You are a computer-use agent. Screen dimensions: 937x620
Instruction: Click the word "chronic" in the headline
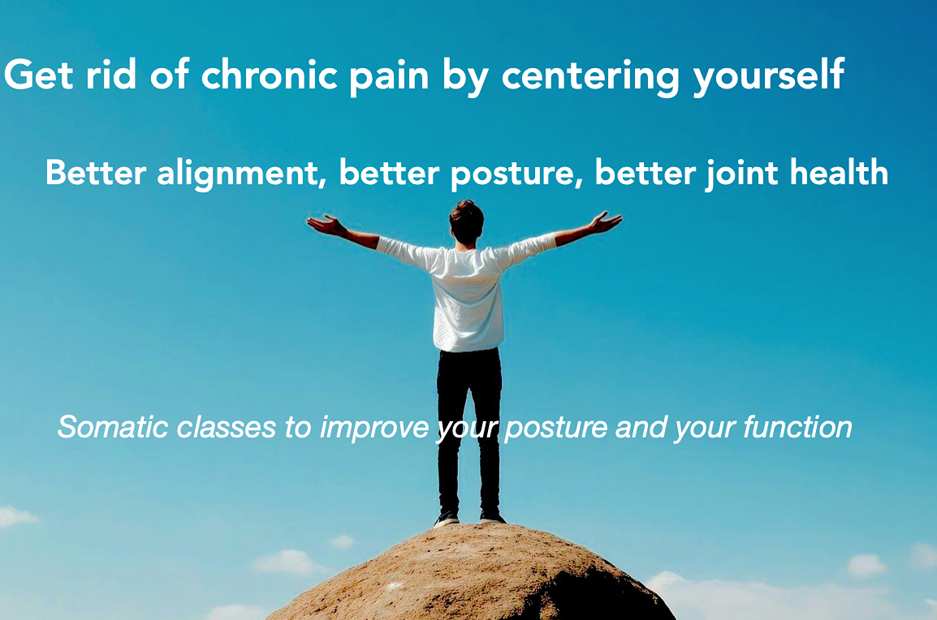269,75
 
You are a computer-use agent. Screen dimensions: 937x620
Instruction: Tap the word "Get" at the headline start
39,75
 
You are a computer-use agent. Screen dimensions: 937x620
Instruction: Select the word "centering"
589,75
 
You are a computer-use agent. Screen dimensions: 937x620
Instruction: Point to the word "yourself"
768,75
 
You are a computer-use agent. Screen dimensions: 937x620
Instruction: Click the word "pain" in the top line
389,78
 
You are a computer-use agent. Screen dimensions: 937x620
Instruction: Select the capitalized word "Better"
96,172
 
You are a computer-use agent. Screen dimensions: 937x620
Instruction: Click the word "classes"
227,427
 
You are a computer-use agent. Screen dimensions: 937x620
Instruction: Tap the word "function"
797,427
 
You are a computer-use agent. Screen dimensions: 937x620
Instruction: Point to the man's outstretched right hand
605,222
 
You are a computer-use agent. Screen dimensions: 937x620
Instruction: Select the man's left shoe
447,518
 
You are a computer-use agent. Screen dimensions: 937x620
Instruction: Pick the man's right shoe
492,517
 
